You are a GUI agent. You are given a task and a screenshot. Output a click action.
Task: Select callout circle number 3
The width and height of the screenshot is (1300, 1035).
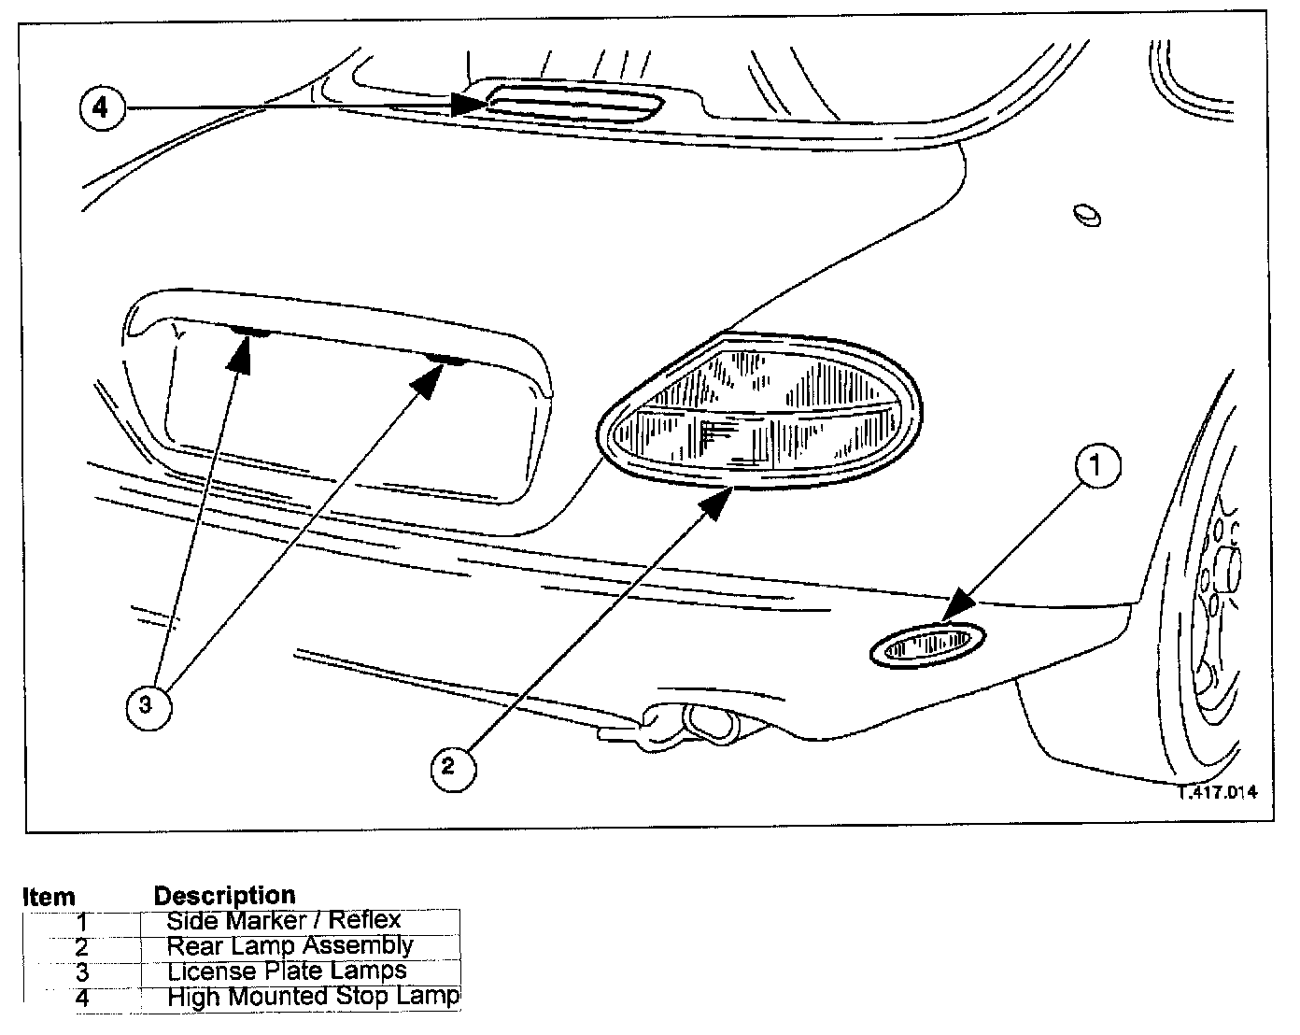146,705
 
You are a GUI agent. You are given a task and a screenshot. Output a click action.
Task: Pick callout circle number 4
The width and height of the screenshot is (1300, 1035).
100,107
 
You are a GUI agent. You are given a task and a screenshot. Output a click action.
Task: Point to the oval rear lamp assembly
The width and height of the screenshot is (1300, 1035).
759,412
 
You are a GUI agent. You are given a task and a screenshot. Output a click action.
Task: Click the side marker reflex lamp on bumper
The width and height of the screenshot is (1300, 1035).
926,645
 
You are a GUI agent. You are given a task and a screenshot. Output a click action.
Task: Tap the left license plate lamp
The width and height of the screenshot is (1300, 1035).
249,332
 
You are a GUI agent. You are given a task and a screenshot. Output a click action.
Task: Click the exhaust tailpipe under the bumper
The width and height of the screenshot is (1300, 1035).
710,722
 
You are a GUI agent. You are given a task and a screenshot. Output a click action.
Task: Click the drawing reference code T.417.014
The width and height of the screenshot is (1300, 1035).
1216,792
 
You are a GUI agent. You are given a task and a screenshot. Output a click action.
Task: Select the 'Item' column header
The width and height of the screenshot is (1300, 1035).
49,897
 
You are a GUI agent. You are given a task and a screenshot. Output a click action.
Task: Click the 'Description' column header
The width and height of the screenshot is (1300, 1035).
224,896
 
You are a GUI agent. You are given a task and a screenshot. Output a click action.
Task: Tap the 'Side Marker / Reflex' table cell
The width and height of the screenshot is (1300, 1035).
284,920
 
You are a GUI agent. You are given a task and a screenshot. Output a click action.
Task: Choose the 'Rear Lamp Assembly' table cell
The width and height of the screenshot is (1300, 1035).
290,945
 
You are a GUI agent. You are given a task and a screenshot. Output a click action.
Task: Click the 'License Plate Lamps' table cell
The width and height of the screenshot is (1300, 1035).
287,971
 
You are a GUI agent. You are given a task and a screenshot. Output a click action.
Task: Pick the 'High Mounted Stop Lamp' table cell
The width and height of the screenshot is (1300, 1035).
313,996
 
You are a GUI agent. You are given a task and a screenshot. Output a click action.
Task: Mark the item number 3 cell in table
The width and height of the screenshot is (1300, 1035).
81,971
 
